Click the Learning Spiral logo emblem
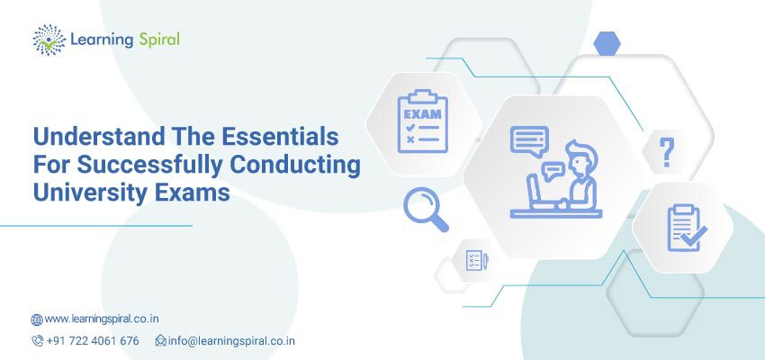47,40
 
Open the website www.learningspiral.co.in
103,319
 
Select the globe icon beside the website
37,319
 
